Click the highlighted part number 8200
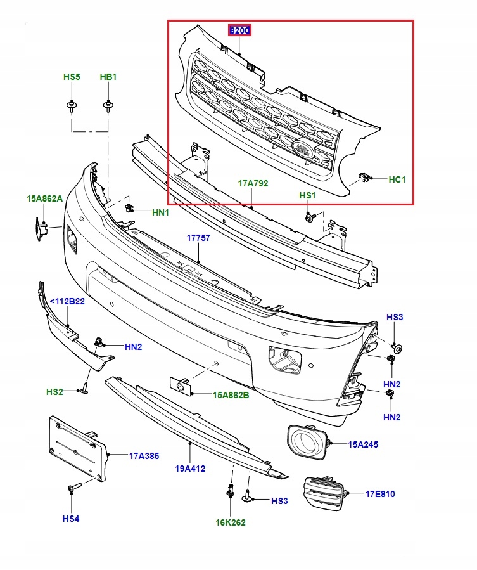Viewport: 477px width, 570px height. [x=240, y=30]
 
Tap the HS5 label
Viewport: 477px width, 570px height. [x=72, y=77]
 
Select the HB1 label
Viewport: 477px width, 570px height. [x=108, y=77]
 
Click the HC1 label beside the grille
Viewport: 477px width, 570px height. [x=397, y=179]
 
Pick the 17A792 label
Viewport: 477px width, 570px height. [x=253, y=183]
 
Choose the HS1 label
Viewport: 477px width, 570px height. [x=307, y=196]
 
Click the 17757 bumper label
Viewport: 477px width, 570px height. [x=198, y=238]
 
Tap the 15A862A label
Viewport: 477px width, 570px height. [x=44, y=198]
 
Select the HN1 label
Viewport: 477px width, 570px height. [x=160, y=212]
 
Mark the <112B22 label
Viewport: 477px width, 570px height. [x=67, y=301]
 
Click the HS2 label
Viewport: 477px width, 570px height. [x=54, y=392]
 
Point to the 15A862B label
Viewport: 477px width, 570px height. [x=231, y=394]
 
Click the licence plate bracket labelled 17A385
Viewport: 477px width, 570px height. [x=77, y=450]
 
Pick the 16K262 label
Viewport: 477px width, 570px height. [x=230, y=522]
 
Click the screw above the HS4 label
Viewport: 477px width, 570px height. [x=71, y=489]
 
